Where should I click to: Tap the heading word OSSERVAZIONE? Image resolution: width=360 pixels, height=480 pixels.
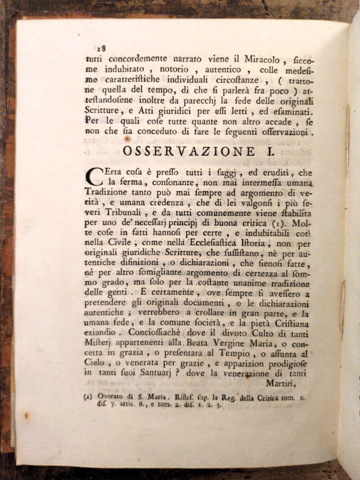[x=188, y=151]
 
